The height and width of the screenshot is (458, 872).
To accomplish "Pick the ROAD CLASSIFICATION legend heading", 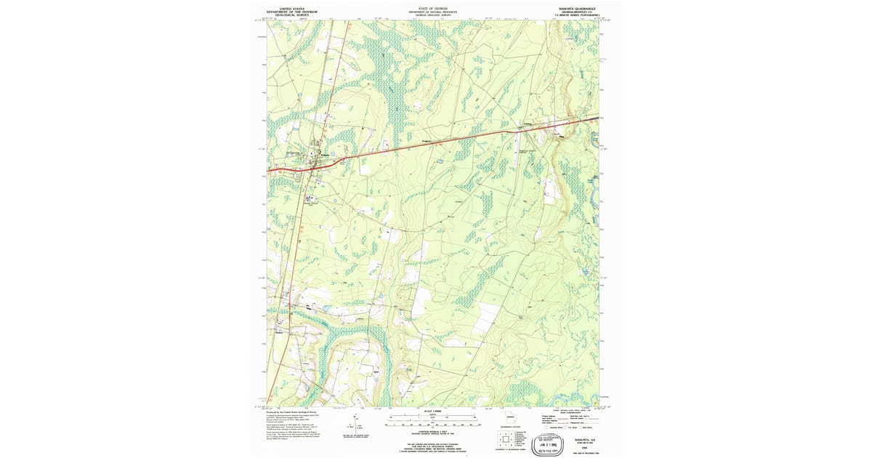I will [574, 412].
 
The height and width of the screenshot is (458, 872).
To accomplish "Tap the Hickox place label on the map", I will [280, 333].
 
